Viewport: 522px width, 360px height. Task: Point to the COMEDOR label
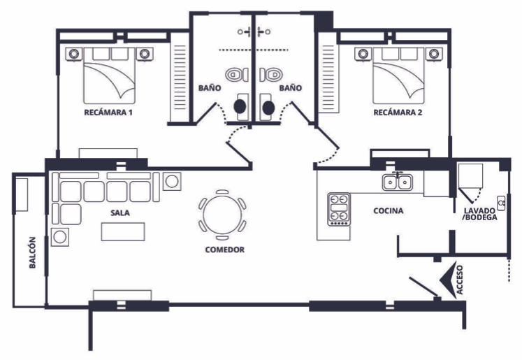[224, 249]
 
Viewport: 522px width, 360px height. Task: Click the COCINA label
[387, 210]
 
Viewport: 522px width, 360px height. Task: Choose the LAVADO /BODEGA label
[480, 214]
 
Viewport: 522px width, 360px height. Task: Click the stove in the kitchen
[339, 208]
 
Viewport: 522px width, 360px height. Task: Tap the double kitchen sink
[398, 182]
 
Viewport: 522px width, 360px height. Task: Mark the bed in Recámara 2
[398, 78]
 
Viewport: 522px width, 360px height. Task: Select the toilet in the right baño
[273, 74]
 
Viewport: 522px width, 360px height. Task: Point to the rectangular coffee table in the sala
[124, 231]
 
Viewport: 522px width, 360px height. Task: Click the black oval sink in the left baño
[240, 106]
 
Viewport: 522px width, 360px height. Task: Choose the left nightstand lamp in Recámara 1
[72, 53]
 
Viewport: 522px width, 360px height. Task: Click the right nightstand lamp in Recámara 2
[434, 53]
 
